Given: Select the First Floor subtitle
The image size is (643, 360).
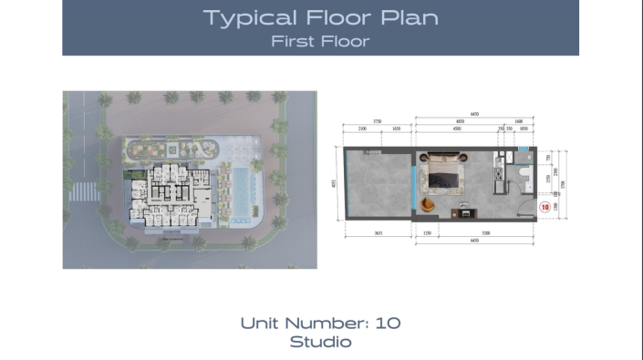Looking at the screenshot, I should pos(320,40).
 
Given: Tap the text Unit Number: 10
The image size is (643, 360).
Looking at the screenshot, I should pos(320,323).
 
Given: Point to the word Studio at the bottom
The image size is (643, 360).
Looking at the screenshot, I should pos(320,343).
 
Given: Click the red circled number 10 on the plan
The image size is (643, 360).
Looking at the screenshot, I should pos(544,207).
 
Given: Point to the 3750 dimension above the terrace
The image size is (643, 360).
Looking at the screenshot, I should pos(375,122).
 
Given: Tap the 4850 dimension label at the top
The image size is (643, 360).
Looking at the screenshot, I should pos(461,122).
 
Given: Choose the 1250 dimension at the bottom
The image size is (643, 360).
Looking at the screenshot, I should pos(427,233).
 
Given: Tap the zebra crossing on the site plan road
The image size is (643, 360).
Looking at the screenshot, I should pos(84,191).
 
